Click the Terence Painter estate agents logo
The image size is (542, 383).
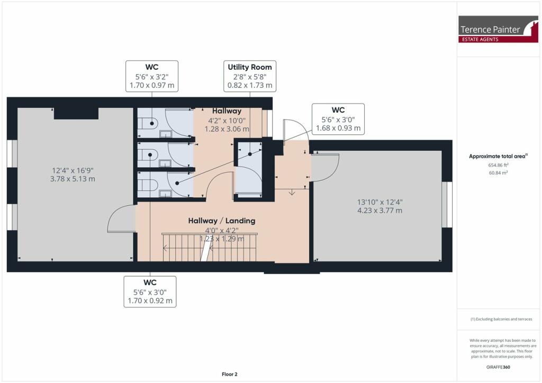pyautogui.click(x=490, y=29)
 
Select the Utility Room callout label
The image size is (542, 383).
pyautogui.click(x=250, y=76)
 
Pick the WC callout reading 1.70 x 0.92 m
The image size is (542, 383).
pyautogui.click(x=150, y=291)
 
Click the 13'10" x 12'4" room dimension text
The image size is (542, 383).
pyautogui.click(x=380, y=206)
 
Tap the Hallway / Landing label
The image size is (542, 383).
pyautogui.click(x=222, y=221)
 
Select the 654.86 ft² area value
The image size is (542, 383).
pyautogui.click(x=498, y=165)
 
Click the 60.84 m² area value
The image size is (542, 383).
pyautogui.click(x=498, y=172)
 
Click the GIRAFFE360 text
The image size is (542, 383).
pyautogui.click(x=498, y=367)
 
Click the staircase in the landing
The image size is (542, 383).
pyautogui.click(x=209, y=248)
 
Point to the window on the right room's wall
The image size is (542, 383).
pyautogui.click(x=448, y=204)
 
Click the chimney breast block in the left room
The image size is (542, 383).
pyautogui.click(x=76, y=113)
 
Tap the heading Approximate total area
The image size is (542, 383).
pyautogui.click(x=498, y=156)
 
